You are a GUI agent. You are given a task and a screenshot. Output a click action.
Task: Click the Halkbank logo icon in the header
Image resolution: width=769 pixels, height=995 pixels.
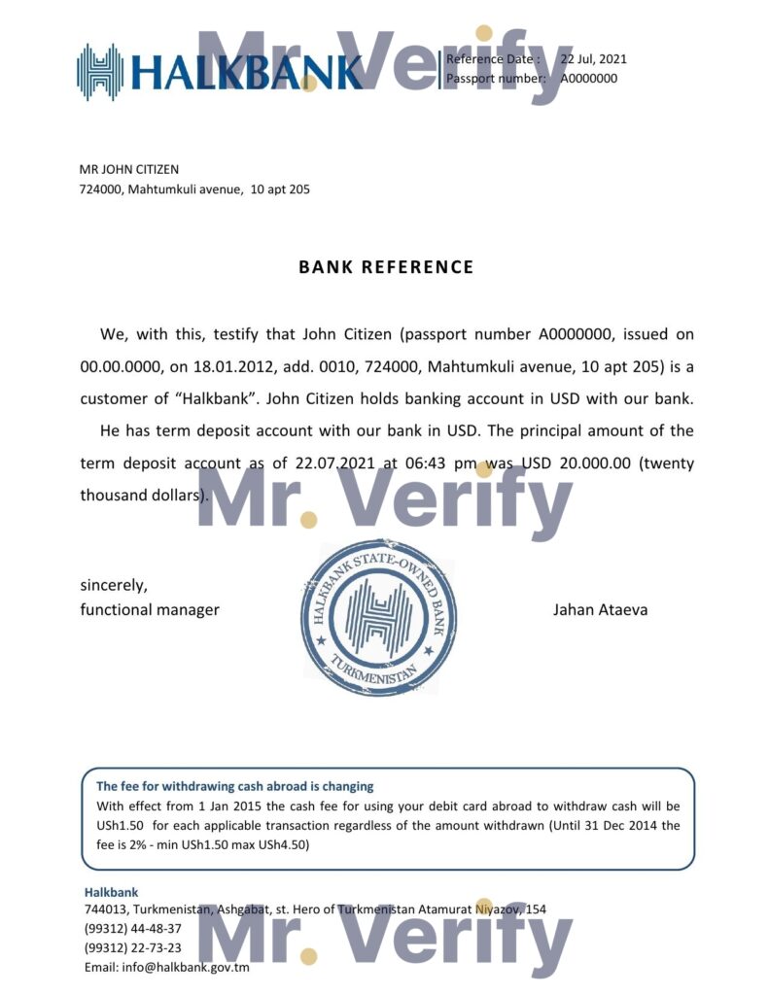[100, 71]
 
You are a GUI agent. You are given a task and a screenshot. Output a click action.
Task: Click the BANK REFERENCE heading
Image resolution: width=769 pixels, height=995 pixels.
[386, 267]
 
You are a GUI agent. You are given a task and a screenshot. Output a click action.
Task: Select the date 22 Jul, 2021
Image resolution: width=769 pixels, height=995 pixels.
[593, 59]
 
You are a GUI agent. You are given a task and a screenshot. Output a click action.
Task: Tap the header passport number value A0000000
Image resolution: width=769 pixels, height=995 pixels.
[588, 79]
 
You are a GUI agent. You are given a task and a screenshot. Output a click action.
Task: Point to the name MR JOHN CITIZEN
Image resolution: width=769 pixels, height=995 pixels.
[128, 170]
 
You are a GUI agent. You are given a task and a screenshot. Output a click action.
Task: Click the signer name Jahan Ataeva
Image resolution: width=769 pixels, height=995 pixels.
[600, 610]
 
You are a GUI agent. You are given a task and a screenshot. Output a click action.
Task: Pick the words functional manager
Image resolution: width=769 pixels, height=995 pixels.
[150, 610]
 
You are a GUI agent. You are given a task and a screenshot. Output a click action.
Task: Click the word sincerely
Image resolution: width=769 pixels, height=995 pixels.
[114, 586]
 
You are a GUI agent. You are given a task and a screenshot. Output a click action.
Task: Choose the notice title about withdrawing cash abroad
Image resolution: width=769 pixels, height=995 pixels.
[234, 786]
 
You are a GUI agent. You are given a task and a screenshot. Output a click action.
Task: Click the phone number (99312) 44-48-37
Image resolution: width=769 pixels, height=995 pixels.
[132, 928]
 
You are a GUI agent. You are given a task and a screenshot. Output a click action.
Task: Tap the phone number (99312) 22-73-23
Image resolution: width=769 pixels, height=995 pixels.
[132, 947]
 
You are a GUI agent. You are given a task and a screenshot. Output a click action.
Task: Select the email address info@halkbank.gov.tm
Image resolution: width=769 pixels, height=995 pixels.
[166, 967]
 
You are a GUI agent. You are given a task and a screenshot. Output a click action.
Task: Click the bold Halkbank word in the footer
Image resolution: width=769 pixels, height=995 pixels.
[111, 892]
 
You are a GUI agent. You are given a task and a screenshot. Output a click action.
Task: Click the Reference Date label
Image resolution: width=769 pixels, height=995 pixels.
[497, 59]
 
